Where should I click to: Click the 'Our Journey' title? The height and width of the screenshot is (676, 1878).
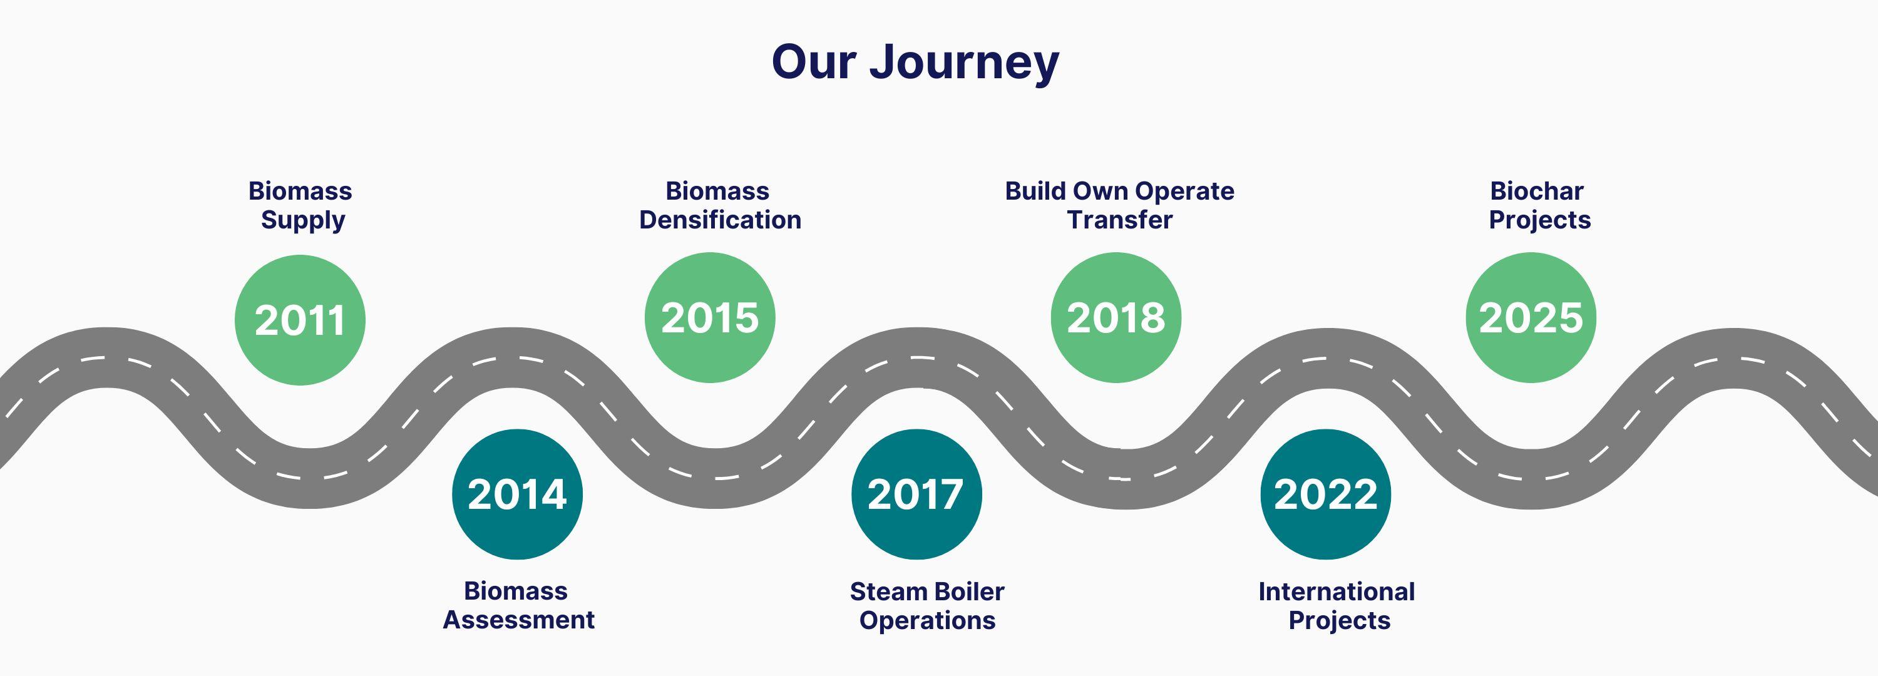pos(915,63)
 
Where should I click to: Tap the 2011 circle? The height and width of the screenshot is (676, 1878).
pos(300,319)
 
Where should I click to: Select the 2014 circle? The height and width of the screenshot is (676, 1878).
pos(517,494)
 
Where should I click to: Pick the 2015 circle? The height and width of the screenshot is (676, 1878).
pos(709,317)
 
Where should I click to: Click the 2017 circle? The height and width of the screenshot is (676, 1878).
pos(916,494)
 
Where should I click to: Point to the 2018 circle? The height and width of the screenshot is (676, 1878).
pos(1116,317)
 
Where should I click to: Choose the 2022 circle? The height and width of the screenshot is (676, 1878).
pos(1325,494)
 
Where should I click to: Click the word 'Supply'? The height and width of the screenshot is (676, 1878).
pos(302,220)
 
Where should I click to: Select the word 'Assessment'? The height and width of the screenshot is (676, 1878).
pos(518,620)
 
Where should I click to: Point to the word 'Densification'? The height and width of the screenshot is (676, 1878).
pos(721,220)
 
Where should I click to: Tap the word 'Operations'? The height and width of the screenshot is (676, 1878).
pos(927,620)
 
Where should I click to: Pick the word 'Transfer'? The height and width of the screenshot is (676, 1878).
pos(1120,220)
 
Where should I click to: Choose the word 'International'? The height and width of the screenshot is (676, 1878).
pos(1337,591)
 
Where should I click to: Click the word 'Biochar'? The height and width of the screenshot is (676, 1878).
pos(1537,191)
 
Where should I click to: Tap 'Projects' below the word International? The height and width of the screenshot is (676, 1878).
pos(1339,620)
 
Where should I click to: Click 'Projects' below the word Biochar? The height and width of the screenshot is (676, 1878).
pos(1540,220)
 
